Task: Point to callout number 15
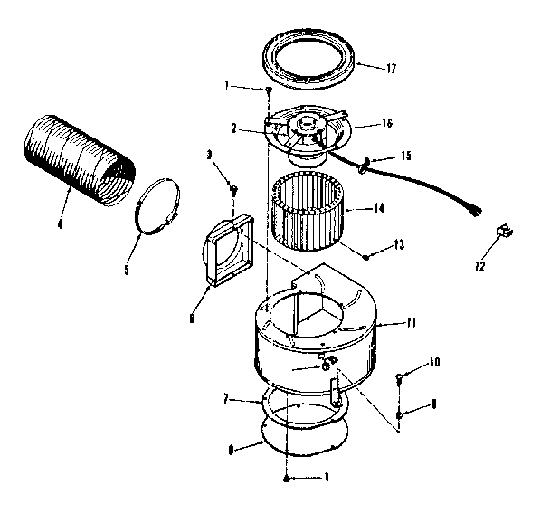404,156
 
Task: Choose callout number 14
379,207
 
